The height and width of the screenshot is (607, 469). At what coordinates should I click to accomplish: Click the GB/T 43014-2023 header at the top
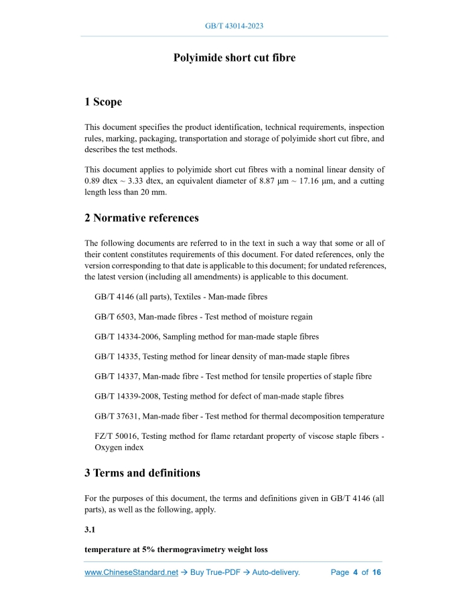click(x=234, y=26)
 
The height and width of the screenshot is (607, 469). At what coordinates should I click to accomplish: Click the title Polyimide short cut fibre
click(x=234, y=58)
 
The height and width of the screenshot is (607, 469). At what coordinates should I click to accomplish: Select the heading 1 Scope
click(x=103, y=102)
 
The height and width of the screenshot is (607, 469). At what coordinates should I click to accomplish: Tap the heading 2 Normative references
click(x=141, y=218)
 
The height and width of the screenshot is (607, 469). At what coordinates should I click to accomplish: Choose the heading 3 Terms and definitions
click(x=142, y=473)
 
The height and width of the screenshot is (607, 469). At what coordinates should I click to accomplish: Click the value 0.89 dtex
click(x=102, y=181)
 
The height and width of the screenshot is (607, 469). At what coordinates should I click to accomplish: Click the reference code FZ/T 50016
click(x=116, y=437)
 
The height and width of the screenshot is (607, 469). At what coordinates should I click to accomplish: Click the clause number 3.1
click(x=91, y=530)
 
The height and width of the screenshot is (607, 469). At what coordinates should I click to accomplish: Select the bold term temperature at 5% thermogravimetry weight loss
click(x=176, y=549)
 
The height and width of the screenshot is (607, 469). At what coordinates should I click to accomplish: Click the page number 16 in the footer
click(x=377, y=573)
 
